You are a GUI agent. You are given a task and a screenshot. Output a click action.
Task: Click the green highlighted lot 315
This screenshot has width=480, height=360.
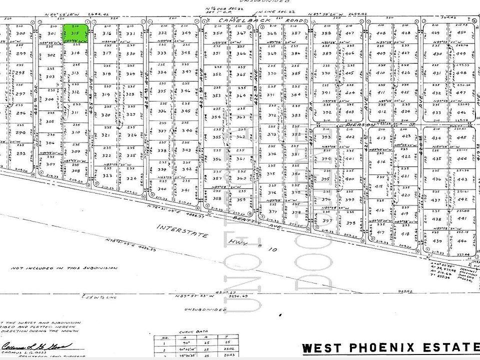pyautogui.click(x=76, y=33)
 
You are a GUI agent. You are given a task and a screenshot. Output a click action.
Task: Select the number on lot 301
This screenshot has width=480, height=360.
pyautogui.click(x=51, y=33)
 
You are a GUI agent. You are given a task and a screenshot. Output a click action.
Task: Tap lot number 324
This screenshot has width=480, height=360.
pyautogui.click(x=131, y=178)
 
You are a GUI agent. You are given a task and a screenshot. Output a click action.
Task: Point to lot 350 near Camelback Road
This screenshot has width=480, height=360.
pyautogui.click(x=217, y=33)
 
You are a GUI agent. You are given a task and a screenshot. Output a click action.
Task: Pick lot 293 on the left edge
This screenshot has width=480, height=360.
pyautogui.click(x=20, y=153)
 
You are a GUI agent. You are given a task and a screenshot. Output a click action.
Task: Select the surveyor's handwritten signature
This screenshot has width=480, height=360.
pyautogui.click(x=37, y=345)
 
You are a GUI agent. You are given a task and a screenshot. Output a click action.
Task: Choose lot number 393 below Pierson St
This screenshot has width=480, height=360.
pyautogui.click(x=326, y=137)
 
